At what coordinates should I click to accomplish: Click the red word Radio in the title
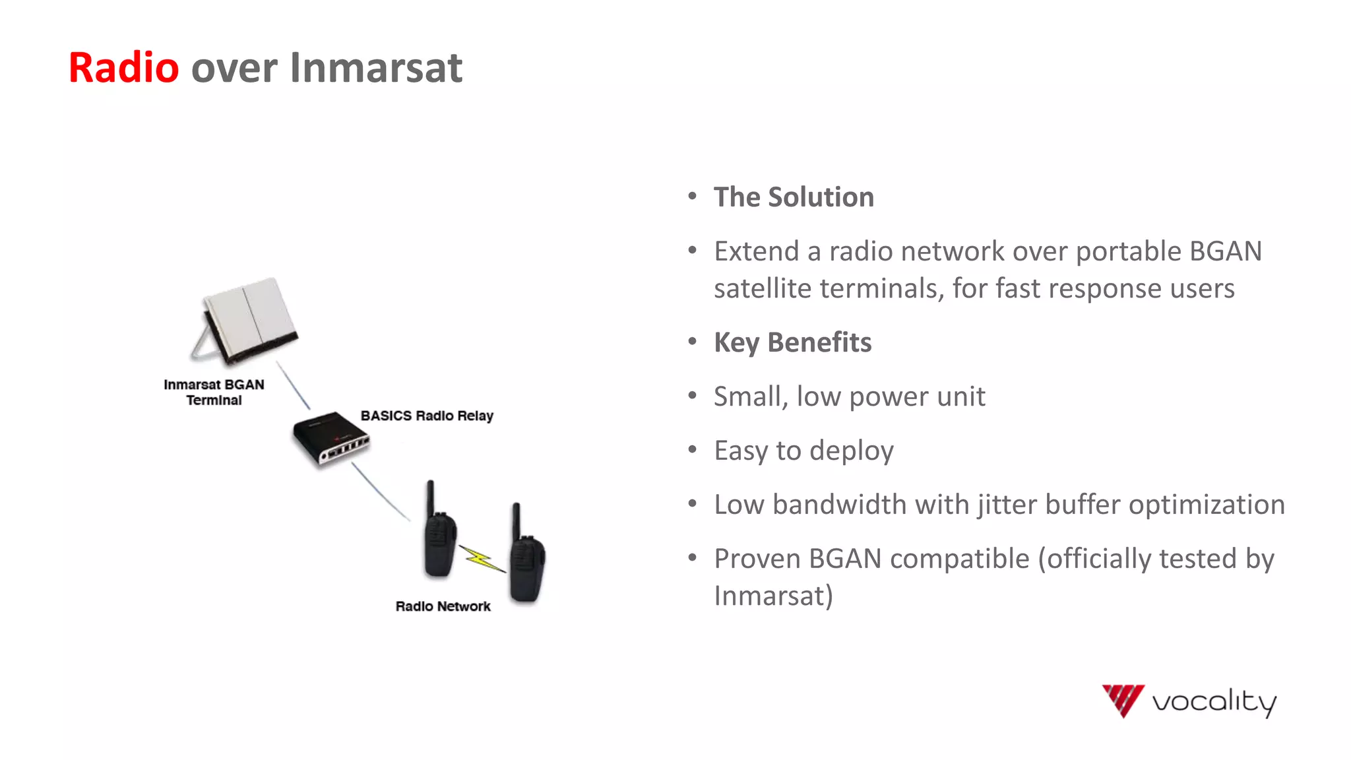click(123, 67)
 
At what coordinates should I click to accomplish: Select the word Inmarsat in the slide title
click(375, 67)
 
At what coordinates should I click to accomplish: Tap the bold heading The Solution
click(794, 197)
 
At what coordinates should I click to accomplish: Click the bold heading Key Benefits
click(792, 342)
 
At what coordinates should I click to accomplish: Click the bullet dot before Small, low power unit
click(692, 396)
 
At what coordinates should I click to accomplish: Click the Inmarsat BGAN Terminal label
click(214, 392)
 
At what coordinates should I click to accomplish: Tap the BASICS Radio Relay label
click(427, 416)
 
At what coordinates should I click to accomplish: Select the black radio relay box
click(330, 437)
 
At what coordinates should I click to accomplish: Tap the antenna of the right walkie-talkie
click(517, 520)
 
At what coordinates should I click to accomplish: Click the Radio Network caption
click(443, 606)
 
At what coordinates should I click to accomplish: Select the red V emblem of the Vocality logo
click(1123, 699)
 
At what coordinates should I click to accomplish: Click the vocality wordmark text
click(1214, 701)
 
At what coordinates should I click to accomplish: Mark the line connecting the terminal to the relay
click(292, 385)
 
